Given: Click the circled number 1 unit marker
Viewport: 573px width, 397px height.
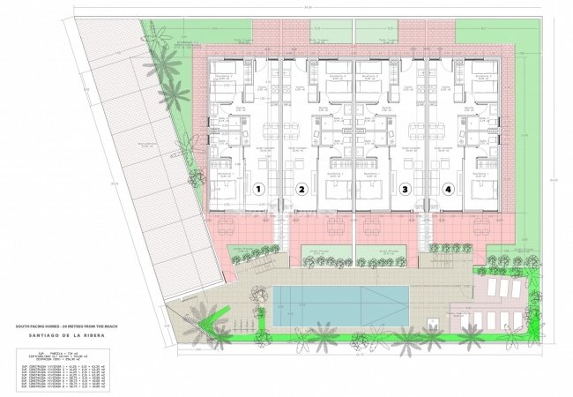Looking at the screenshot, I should tap(259, 189).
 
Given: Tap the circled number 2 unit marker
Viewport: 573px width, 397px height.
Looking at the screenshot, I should tap(301, 189).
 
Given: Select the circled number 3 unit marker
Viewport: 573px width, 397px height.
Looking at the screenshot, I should tap(405, 189).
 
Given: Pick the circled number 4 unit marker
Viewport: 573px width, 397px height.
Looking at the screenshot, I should tap(448, 189).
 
